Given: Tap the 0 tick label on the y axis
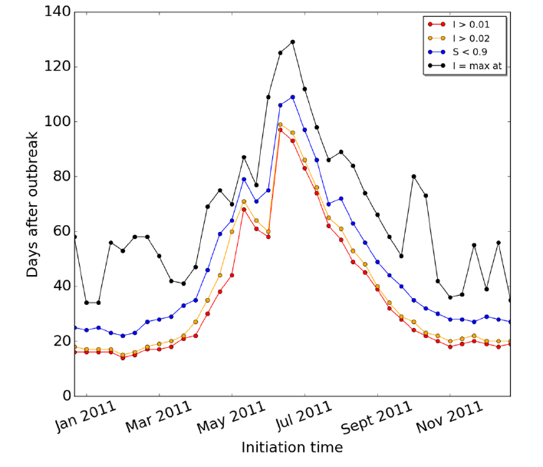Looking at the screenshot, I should pyautogui.click(x=65, y=396).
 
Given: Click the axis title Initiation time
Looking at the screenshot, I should pyautogui.click(x=292, y=447).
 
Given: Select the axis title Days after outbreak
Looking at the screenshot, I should pyautogui.click(x=31, y=204).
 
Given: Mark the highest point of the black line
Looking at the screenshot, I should pyautogui.click(x=292, y=42).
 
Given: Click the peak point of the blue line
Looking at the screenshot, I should pyautogui.click(x=292, y=97).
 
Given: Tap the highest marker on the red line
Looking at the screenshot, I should pyautogui.click(x=280, y=130).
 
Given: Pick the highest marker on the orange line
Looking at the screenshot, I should pyautogui.click(x=280, y=124).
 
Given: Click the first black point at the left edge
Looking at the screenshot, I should pyautogui.click(x=74, y=237).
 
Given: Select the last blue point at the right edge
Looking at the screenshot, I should pyautogui.click(x=510, y=322).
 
